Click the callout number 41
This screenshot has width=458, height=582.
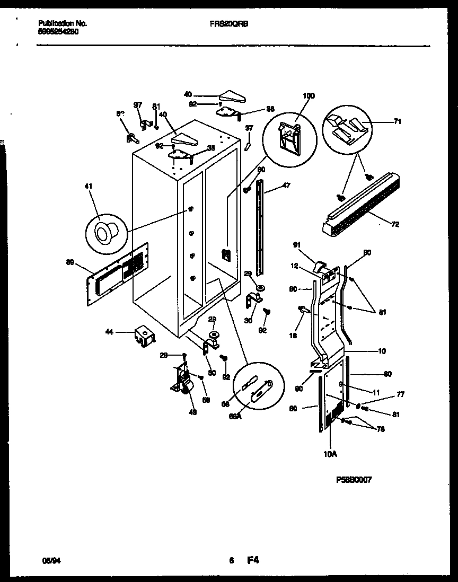coord(88,186)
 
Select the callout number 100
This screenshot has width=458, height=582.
coord(309,96)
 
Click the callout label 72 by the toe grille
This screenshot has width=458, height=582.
coord(395,224)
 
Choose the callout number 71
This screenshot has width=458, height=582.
coord(398,122)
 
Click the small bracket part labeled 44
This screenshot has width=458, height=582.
coord(144,336)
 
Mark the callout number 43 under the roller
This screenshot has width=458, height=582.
coord(192,412)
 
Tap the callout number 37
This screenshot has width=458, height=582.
coord(249,128)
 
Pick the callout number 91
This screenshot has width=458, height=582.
coord(297,244)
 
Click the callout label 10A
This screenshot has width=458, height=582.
coord(330,454)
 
